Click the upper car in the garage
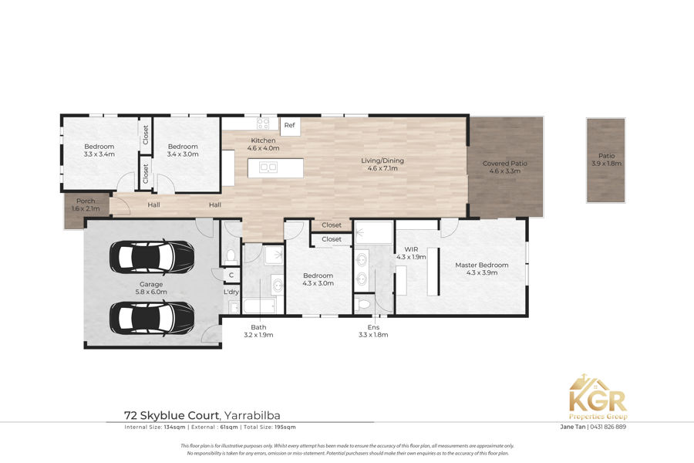click(x=152, y=257)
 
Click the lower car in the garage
click(x=152, y=318)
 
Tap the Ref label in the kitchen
click(x=289, y=125)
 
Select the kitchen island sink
click(x=268, y=167)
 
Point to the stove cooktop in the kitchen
click(x=263, y=123)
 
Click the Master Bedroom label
click(x=481, y=265)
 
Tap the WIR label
click(x=411, y=249)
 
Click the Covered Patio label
click(x=504, y=164)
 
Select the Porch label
click(x=86, y=201)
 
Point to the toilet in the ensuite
click(x=362, y=305)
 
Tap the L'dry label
click(x=231, y=292)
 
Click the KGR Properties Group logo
click(x=598, y=397)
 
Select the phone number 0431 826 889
click(x=608, y=427)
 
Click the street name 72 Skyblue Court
click(x=172, y=416)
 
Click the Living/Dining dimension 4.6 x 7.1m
click(x=382, y=168)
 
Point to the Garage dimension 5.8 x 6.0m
click(x=151, y=292)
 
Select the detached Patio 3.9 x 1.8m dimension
click(x=606, y=164)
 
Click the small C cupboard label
click(x=231, y=275)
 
